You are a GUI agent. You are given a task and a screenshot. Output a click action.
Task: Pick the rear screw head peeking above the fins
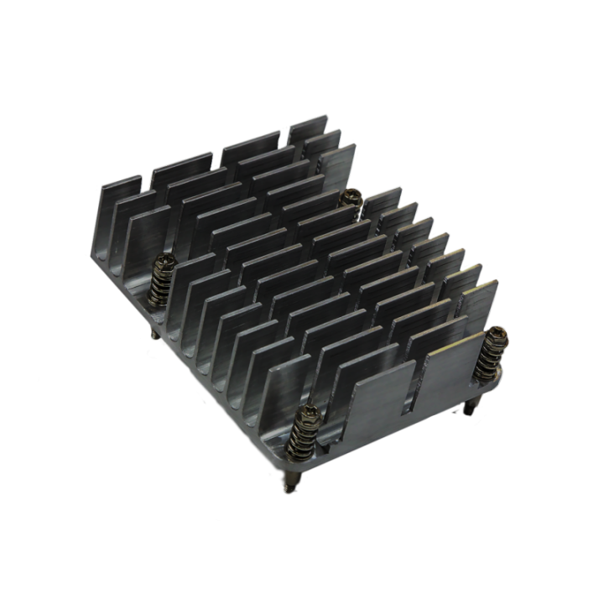point(351,197)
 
